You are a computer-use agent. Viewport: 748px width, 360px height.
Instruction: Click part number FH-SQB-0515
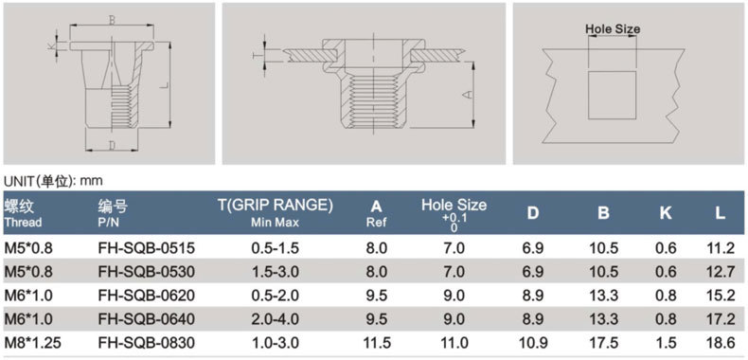(x=147, y=248)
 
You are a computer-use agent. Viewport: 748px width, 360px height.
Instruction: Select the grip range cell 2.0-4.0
(x=275, y=319)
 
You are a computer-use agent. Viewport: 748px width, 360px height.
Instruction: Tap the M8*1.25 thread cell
(x=32, y=343)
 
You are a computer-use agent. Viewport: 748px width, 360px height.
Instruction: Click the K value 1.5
(x=666, y=343)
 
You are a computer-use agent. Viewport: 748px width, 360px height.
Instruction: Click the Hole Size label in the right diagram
(x=613, y=28)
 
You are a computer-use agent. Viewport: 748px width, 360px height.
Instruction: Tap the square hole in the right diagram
(x=612, y=95)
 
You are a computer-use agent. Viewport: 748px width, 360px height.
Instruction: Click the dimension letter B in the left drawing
(x=112, y=21)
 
